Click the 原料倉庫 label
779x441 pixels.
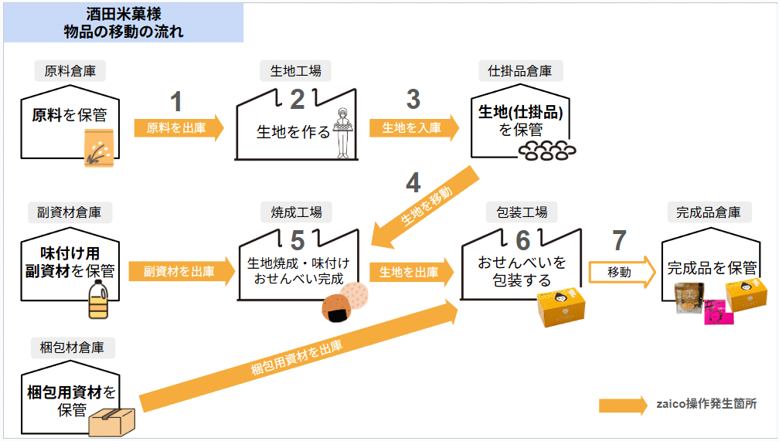[x=70, y=71]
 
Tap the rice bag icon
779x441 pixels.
[x=99, y=148]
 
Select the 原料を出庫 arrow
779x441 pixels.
[x=179, y=128]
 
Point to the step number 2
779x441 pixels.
[x=297, y=100]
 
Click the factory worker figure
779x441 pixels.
[x=342, y=133]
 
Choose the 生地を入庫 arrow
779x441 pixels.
[x=414, y=128]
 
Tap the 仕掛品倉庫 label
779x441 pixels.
[x=519, y=71]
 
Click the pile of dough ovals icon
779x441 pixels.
[x=547, y=151]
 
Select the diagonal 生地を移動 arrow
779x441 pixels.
[x=425, y=205]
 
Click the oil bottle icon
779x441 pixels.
[x=98, y=298]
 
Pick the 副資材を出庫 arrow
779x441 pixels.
[x=182, y=272]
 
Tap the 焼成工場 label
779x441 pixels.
[x=296, y=212]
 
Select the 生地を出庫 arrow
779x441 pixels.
[x=411, y=272]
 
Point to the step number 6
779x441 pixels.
[x=522, y=241]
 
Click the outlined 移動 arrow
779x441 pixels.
[x=622, y=272]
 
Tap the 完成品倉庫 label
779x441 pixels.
[x=709, y=212]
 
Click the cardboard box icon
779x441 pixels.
[x=112, y=422]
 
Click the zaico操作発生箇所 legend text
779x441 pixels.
[x=706, y=404]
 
